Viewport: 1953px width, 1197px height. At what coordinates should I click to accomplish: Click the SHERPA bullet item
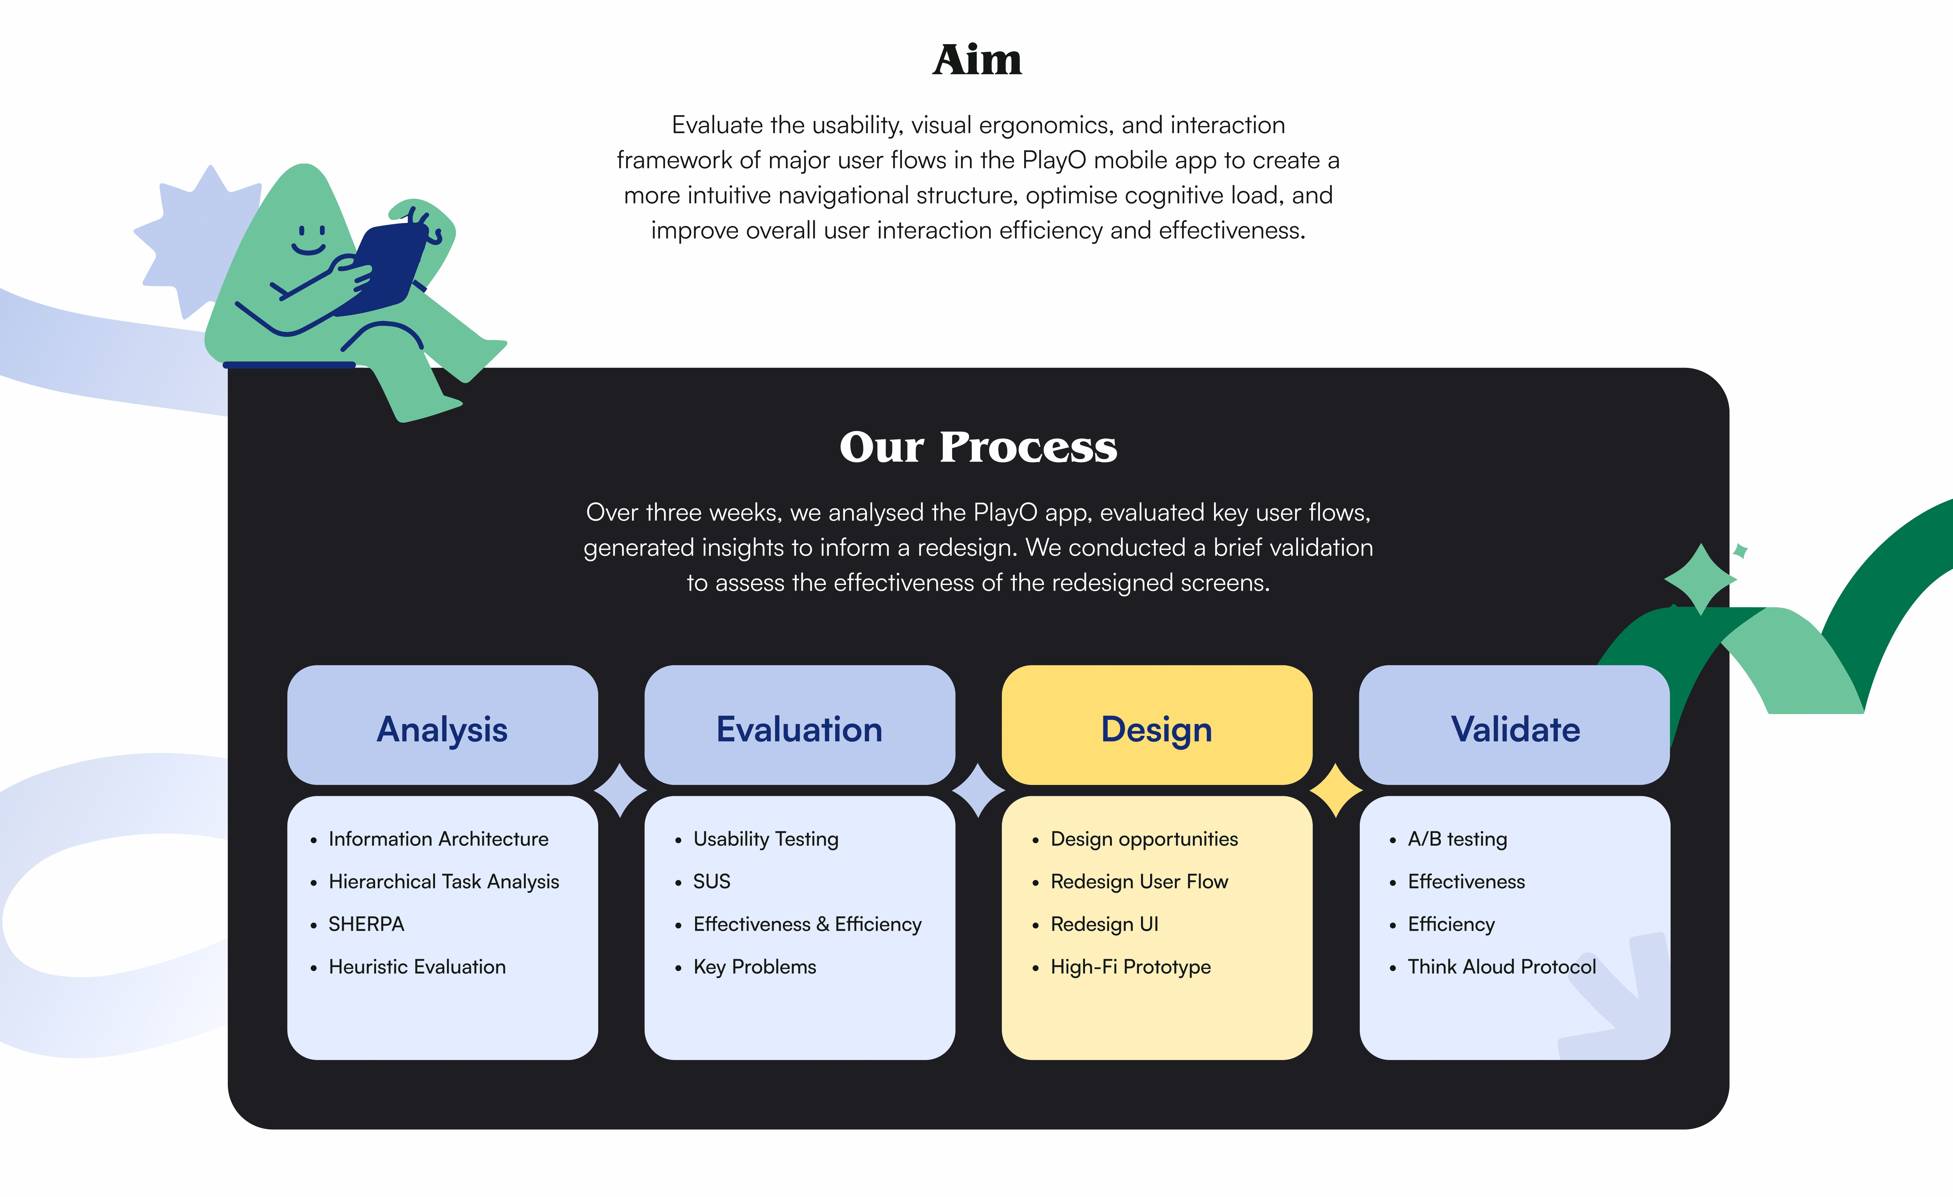pos(366,924)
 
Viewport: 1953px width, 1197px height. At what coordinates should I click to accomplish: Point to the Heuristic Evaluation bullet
pos(417,967)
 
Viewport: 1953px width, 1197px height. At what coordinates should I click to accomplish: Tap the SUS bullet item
pos(712,881)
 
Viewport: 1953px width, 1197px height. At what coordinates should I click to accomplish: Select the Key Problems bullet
pos(755,967)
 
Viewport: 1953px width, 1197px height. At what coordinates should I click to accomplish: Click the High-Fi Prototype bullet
pos(1130,967)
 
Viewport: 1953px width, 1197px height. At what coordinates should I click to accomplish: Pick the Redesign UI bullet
pos(1104,924)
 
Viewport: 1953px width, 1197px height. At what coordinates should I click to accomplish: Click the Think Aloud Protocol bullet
pos(1501,967)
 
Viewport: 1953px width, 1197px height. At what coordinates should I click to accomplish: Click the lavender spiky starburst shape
pos(194,238)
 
